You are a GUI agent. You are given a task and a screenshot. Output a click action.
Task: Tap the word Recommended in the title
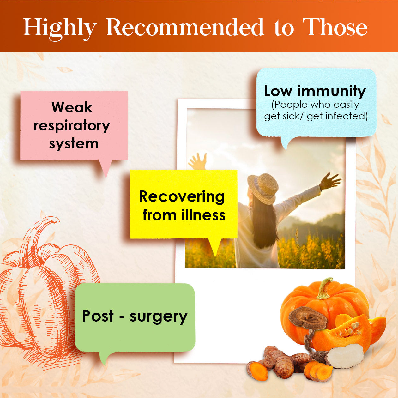point(185,27)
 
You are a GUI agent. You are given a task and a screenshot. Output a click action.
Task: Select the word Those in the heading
point(335,27)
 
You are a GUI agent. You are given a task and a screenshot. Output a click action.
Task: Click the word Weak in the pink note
point(72,107)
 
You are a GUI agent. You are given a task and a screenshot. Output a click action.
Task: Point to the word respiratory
point(72,126)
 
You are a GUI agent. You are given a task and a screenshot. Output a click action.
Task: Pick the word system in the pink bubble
point(74,144)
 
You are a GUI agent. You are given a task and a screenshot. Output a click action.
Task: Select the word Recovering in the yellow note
point(182,197)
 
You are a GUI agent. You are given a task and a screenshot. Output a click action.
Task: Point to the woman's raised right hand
point(330,181)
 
